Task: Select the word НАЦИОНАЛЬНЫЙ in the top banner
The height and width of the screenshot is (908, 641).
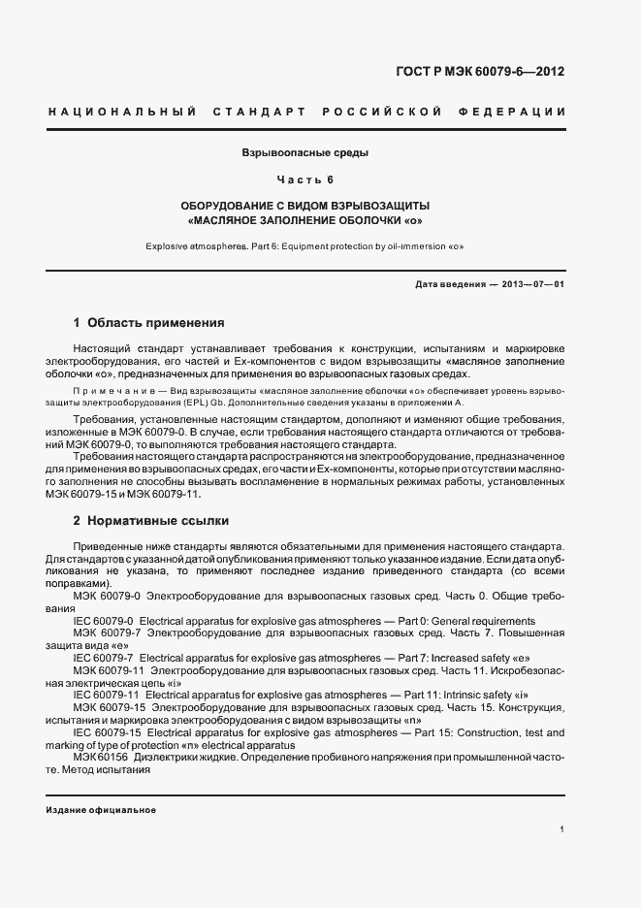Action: pos(122,113)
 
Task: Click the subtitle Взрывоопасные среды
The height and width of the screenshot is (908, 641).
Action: pos(305,153)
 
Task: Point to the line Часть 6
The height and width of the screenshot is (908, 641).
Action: pos(305,180)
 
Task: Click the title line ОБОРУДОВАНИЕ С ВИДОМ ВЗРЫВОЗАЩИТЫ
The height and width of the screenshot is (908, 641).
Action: pos(305,207)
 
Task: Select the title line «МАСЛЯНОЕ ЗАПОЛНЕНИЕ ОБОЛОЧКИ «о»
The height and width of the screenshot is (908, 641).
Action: pos(305,220)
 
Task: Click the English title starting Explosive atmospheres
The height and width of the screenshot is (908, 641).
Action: pos(305,246)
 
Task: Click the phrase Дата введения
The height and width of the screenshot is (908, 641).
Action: pos(448,283)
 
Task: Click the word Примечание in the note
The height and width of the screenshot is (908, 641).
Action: pos(115,391)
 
